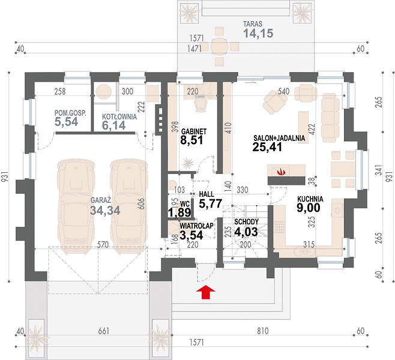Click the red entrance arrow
coord(206,292)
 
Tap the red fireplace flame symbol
coord(281,172)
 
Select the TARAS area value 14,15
coord(258,33)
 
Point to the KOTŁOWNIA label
coord(119,117)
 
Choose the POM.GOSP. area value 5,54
coord(67,122)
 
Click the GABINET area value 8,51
coord(191,140)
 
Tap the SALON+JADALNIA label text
coord(279,138)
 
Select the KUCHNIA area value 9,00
coord(309,208)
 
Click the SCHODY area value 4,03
coord(246,232)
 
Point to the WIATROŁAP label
coord(196,226)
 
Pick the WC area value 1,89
coord(179,213)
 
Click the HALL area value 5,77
coord(210,203)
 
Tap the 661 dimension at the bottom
coord(103,331)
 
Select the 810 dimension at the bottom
coord(262,331)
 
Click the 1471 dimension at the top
coord(194,49)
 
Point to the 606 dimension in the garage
coord(141,205)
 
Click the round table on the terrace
coord(220,46)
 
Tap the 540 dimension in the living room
coord(284,91)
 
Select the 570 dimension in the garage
coord(103,244)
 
